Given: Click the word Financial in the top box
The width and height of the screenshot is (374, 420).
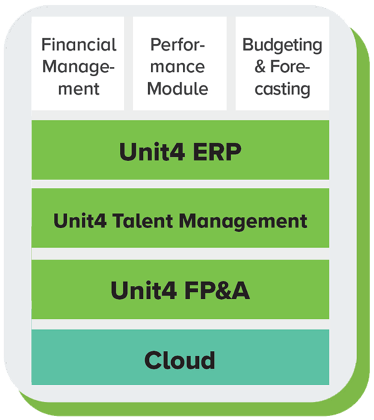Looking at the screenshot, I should pos(78,45).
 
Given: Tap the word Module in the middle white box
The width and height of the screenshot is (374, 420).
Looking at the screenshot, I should pos(178,88).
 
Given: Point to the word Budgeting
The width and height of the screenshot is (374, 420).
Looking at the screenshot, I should pos(282,45).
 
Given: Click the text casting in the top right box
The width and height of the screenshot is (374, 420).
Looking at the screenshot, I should pos(282,88).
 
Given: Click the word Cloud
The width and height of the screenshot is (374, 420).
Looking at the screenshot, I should pos(180,360).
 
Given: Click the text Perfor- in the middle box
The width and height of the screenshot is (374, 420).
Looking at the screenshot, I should pos(178,45).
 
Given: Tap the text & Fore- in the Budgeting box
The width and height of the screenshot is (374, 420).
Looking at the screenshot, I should pos(282,66).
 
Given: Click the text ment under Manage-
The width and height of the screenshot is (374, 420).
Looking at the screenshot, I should pos(78,88).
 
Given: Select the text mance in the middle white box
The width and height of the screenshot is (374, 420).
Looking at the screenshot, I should pos(178,66).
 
